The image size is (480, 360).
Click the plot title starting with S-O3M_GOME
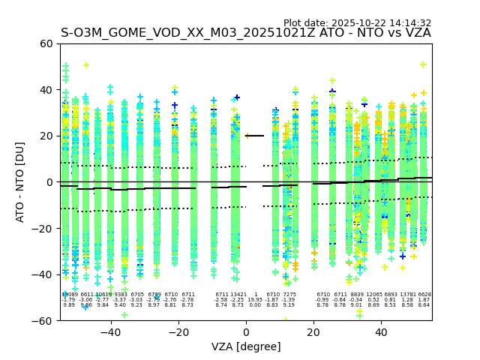pos(246,33)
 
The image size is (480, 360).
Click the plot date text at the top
pos(357,23)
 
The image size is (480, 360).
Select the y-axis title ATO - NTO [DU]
pos(21,181)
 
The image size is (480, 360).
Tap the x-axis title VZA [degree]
pos(246,346)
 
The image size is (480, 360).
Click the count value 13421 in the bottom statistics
pos(238,295)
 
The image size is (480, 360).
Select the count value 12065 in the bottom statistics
pos(373,295)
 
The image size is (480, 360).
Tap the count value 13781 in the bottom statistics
pos(407,295)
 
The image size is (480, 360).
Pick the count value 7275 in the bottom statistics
pos(289,295)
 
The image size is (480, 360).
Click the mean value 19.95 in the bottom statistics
pos(255,300)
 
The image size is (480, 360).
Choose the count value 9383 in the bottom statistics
pos(120,295)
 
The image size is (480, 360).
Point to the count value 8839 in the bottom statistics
pos(356,295)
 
